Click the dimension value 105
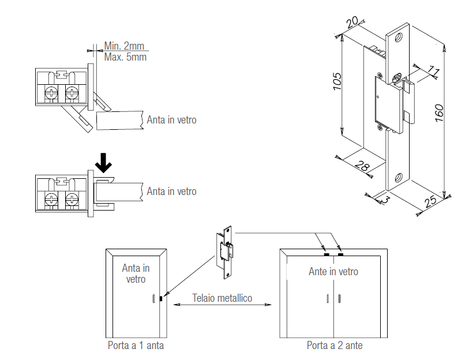[x=337, y=81]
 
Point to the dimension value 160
[x=439, y=112]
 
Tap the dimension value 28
[x=362, y=166]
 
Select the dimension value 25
[x=430, y=201]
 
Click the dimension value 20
[x=352, y=22]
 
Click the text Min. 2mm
[x=124, y=46]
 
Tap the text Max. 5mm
[x=125, y=57]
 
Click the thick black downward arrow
[x=103, y=163]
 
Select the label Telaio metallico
[x=222, y=298]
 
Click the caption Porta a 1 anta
[x=136, y=345]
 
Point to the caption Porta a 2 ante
[x=335, y=345]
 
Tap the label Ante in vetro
[x=333, y=271]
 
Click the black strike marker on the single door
[x=161, y=299]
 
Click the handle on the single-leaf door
[x=153, y=298]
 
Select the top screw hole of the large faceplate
[x=398, y=37]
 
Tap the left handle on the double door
[x=327, y=298]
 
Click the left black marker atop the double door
[x=327, y=254]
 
